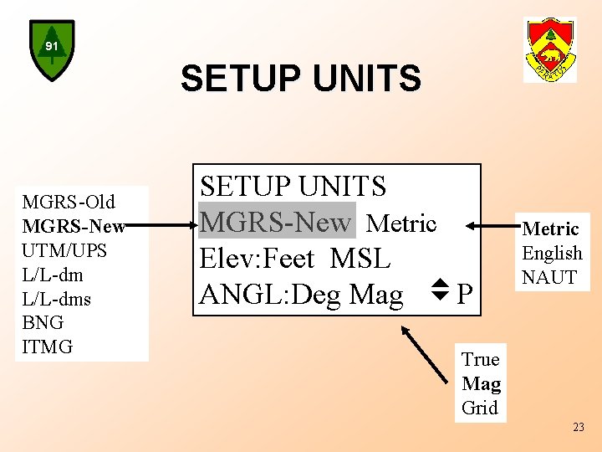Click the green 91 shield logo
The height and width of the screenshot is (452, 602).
[52, 50]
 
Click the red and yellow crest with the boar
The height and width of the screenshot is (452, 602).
[549, 49]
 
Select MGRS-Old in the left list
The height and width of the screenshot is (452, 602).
[69, 202]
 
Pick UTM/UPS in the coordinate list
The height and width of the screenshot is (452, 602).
[65, 250]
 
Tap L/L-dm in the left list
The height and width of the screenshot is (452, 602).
[53, 275]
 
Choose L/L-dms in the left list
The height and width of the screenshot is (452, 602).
[57, 299]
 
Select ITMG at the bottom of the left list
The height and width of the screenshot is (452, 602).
[48, 347]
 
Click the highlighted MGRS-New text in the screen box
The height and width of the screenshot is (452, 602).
[276, 222]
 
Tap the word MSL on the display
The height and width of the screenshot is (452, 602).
[360, 259]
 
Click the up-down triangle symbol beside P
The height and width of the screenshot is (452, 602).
[439, 291]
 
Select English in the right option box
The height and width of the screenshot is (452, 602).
[552, 253]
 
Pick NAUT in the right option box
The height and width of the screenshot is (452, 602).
[549, 277]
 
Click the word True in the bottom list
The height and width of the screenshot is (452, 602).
[480, 360]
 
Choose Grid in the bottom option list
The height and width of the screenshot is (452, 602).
[479, 408]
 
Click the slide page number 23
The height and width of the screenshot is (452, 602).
[579, 428]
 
